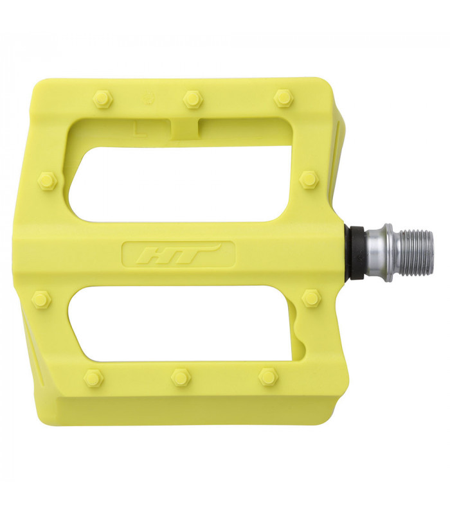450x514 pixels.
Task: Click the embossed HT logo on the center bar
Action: [178, 254]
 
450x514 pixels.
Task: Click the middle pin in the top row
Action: [192, 99]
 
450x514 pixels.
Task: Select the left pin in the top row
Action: [102, 99]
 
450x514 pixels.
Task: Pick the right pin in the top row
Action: [283, 98]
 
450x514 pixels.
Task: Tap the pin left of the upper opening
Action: [48, 181]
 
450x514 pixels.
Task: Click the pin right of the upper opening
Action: [309, 179]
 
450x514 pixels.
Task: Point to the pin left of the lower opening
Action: [41, 299]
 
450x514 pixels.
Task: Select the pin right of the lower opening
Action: [311, 297]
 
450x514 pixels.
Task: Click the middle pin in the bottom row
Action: [181, 377]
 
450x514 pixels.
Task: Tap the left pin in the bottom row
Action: [94, 378]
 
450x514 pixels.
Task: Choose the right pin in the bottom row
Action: [268, 377]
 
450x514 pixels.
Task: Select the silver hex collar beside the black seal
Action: [377, 252]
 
